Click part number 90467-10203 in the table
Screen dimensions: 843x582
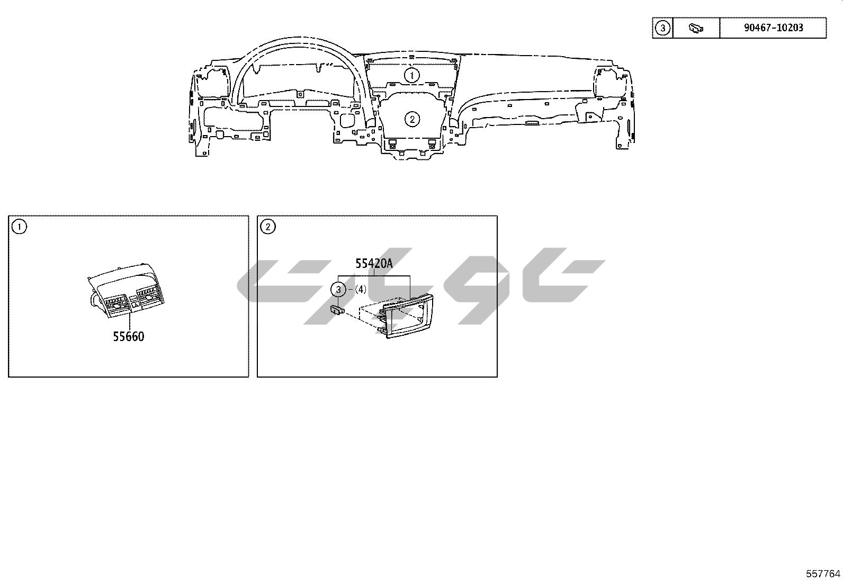[774, 28]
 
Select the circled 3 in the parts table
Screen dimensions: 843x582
[662, 28]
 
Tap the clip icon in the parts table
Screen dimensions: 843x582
[696, 28]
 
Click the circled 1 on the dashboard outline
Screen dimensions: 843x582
[412, 75]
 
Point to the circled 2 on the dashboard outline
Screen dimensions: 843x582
[412, 119]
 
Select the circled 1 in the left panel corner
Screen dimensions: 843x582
[19, 227]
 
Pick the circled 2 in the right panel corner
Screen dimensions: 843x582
[268, 227]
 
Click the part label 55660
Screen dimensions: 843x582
[129, 337]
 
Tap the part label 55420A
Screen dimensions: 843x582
[374, 264]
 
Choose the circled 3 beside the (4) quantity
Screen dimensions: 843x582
[338, 290]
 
